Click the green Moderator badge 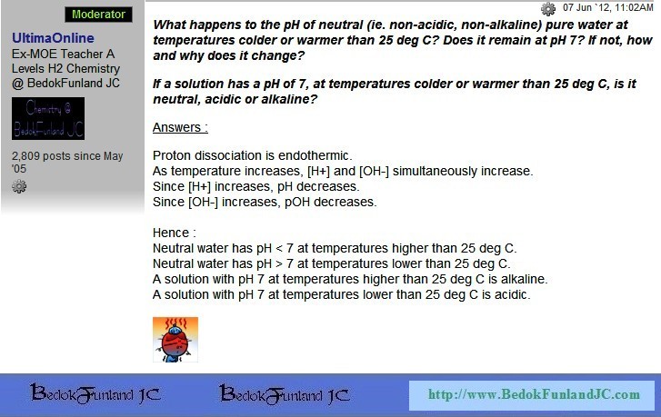(98, 15)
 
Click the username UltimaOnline (53, 38)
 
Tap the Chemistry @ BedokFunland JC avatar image (48, 118)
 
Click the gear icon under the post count (19, 186)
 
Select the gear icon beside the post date (548, 8)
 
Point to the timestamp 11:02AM (634, 7)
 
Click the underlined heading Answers (180, 127)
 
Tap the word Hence (171, 233)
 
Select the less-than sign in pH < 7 (278, 249)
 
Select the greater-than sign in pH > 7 (278, 264)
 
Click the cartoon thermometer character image (175, 340)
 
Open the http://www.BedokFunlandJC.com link (534, 394)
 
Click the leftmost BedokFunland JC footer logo (95, 394)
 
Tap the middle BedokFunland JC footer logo (285, 394)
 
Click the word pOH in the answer (297, 203)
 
